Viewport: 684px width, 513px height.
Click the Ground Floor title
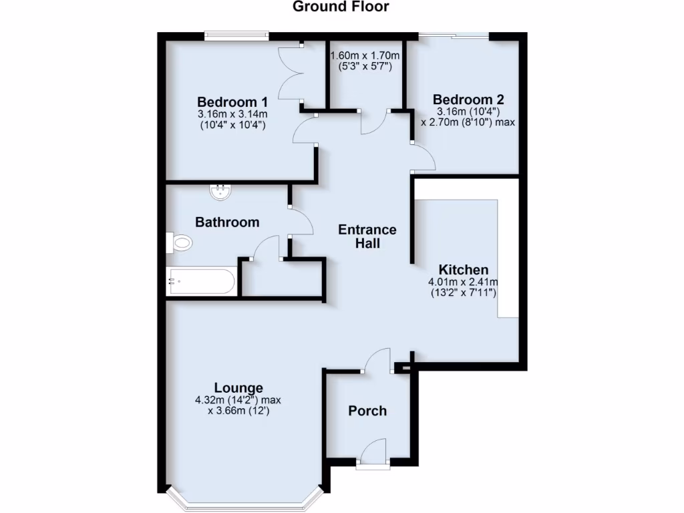pos(341,7)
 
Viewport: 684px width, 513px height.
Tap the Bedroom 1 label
pos(232,102)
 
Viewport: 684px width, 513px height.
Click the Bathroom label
pos(227,222)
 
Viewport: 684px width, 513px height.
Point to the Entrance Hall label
pos(367,236)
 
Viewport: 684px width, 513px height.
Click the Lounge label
pos(238,388)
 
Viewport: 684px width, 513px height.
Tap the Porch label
pos(367,411)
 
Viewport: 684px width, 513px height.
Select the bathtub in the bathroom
pos(201,281)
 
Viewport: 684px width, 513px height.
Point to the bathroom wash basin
pos(220,192)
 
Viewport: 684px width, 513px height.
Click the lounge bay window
pos(244,498)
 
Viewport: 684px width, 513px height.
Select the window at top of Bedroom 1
pos(236,36)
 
